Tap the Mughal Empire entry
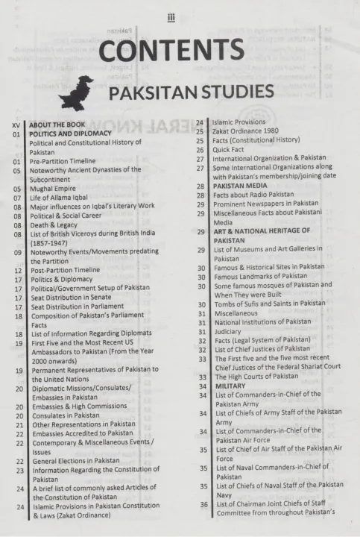57,189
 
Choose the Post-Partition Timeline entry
65,270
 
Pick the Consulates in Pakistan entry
65,415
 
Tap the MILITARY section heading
230,386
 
